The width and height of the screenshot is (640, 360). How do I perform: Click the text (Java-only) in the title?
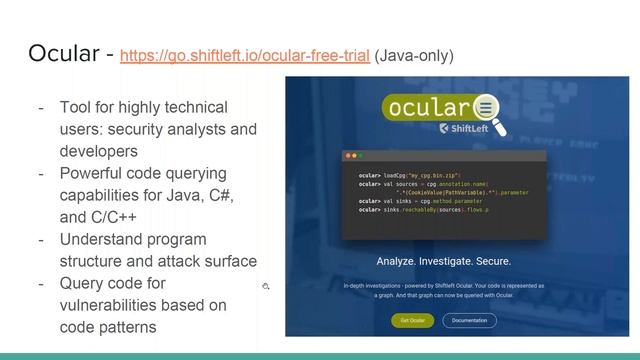[x=413, y=56]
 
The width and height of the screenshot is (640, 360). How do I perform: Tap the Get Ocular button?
[x=412, y=320]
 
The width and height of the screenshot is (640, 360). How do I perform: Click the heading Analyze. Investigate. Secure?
[x=443, y=262]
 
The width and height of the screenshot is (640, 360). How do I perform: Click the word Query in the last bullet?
[x=81, y=283]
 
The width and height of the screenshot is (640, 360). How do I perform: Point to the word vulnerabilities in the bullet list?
[x=109, y=305]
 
